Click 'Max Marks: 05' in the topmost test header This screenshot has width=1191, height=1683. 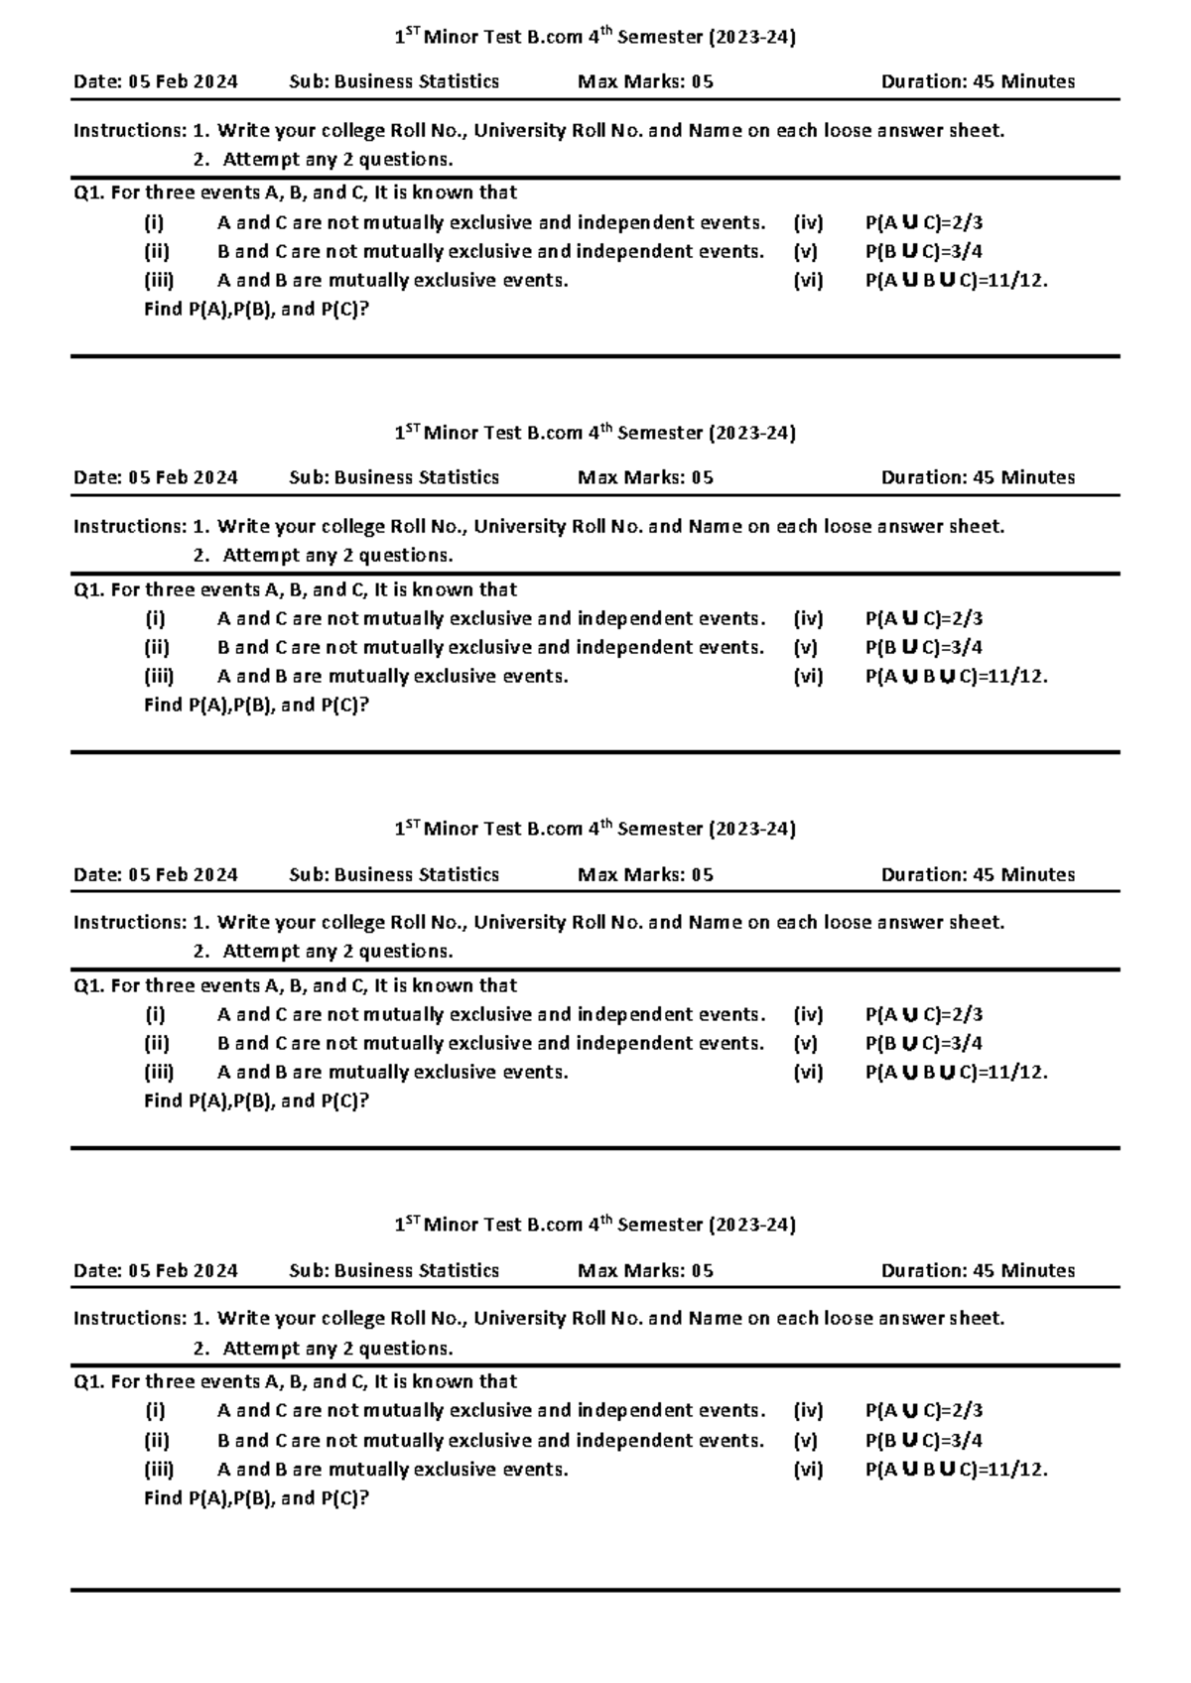click(x=645, y=81)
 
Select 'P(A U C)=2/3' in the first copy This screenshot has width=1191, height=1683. click(x=923, y=222)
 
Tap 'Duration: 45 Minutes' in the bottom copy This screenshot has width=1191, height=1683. click(x=978, y=1270)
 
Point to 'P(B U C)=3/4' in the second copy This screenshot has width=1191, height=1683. click(x=923, y=647)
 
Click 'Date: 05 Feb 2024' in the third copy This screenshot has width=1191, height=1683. click(x=156, y=874)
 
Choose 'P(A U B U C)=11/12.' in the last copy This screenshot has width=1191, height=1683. click(x=956, y=1469)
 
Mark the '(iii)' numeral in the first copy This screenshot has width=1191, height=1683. click(x=159, y=280)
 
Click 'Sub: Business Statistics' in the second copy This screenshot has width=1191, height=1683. click(x=394, y=477)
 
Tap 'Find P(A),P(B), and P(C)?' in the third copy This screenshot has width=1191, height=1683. click(x=256, y=1100)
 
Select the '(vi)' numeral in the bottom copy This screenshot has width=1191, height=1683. click(x=808, y=1469)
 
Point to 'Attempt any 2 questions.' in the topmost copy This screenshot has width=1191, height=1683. click(x=337, y=159)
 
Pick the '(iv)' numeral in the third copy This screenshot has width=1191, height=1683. click(x=808, y=1014)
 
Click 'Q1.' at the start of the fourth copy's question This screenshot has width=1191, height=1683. click(x=89, y=1381)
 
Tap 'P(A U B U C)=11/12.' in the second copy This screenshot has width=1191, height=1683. click(x=956, y=676)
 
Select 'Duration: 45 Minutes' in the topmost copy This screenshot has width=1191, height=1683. click(x=978, y=81)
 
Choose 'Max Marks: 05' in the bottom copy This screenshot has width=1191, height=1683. click(x=645, y=1270)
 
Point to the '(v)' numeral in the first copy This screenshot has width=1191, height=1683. click(x=805, y=251)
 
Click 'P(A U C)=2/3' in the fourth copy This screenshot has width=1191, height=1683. click(x=923, y=1410)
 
